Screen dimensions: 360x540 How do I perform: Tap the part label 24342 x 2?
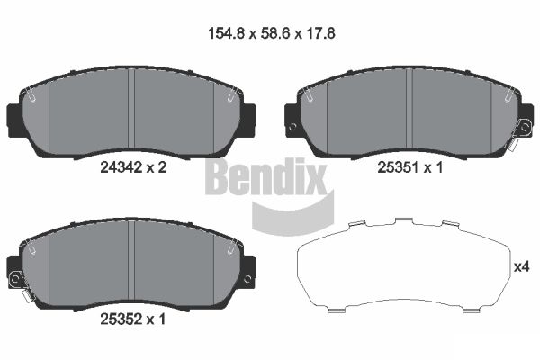[x=133, y=166]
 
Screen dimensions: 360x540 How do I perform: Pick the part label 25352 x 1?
[x=133, y=317]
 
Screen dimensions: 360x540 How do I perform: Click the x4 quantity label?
[x=522, y=266]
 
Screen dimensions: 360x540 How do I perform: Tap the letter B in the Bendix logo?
[x=219, y=176]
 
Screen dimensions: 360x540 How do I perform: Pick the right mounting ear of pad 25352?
[x=249, y=268]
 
